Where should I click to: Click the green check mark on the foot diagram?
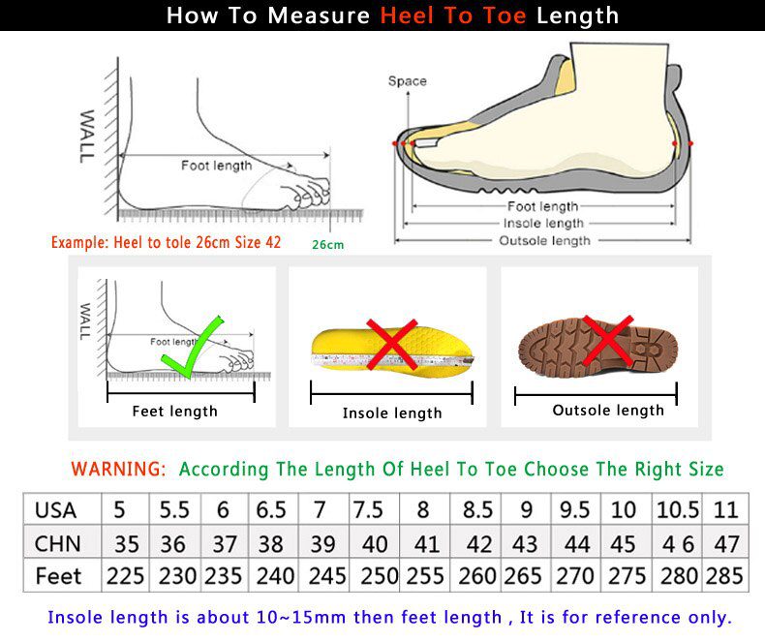click(193, 347)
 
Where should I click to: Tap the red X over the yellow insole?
click(391, 346)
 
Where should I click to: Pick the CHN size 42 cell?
click(477, 543)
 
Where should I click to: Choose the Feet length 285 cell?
click(724, 576)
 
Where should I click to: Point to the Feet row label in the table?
click(59, 576)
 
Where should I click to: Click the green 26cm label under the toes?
click(327, 245)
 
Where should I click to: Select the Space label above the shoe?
click(407, 81)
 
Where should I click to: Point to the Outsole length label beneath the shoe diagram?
click(543, 241)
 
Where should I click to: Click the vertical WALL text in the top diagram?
click(87, 136)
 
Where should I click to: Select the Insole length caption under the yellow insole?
click(392, 413)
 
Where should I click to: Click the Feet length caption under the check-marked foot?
click(175, 412)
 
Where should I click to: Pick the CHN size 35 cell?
click(126, 543)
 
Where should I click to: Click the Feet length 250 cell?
click(379, 576)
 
